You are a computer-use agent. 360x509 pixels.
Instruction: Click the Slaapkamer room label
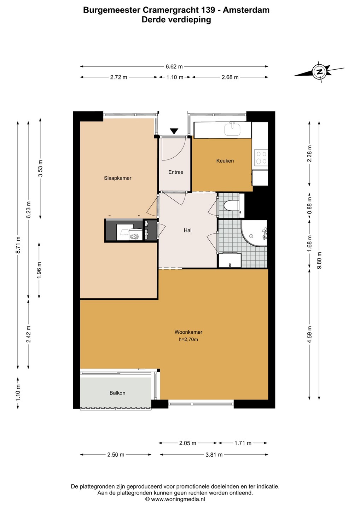tap(117, 178)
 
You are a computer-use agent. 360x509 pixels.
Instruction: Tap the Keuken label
tap(225, 161)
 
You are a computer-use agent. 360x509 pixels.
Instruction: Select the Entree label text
tap(176, 172)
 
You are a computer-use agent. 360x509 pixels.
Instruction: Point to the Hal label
tap(188, 230)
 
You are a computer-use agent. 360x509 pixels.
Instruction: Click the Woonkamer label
tap(188, 332)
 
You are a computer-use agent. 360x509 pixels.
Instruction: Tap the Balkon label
tap(117, 393)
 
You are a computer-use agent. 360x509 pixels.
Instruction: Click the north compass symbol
tap(319, 71)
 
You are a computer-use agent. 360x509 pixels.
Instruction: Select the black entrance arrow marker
tap(174, 131)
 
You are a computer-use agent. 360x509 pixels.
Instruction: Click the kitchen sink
tap(232, 129)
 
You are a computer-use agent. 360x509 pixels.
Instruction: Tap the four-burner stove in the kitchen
tap(261, 157)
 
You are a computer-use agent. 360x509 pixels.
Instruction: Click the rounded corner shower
tap(254, 233)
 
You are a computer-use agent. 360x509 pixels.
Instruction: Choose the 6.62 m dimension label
tap(174, 66)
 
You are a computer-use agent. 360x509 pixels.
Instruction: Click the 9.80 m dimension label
tap(319, 260)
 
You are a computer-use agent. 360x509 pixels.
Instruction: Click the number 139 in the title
tap(207, 10)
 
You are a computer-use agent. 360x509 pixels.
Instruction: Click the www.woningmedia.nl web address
tap(178, 499)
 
